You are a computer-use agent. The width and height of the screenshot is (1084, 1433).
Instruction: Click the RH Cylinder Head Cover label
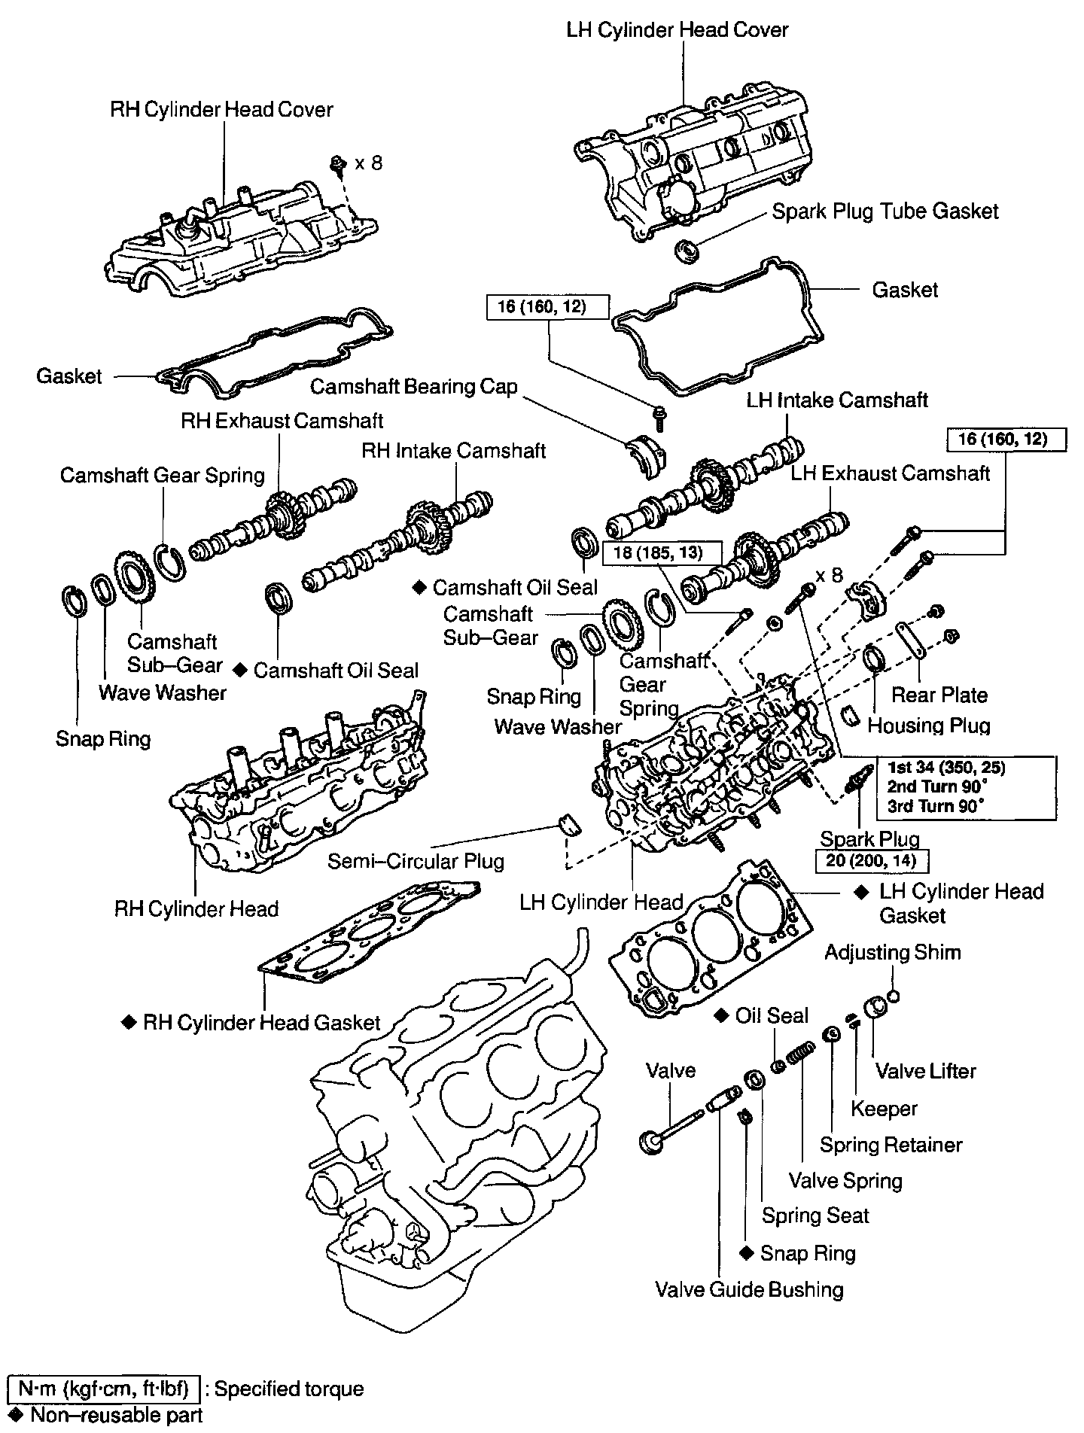coord(221,110)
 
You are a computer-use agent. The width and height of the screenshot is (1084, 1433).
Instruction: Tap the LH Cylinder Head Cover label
coord(677,31)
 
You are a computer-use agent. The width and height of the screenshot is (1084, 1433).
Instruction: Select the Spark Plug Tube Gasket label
coord(885,211)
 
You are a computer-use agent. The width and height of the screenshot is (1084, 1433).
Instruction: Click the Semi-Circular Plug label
coord(416,861)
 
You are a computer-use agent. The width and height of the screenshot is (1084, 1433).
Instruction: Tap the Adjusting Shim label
coord(892,953)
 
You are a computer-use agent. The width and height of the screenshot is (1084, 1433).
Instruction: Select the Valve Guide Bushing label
coord(749,1290)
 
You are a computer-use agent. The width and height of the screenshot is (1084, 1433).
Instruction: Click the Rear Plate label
coord(939,695)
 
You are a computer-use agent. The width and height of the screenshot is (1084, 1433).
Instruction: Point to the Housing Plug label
coord(929,726)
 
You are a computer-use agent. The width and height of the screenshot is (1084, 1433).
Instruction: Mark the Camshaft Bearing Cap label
coord(414,387)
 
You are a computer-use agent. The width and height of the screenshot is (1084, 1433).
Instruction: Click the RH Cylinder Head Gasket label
coord(261,1023)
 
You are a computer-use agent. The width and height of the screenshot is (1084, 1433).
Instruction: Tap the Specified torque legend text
coord(289,1389)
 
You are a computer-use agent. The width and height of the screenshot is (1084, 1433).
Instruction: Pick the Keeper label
coord(884,1109)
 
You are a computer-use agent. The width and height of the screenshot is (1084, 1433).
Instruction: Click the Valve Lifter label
coord(925,1070)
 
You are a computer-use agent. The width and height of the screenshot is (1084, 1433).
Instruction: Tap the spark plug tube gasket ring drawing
coord(687,250)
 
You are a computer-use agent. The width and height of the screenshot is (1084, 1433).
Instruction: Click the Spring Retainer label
coord(891,1145)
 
